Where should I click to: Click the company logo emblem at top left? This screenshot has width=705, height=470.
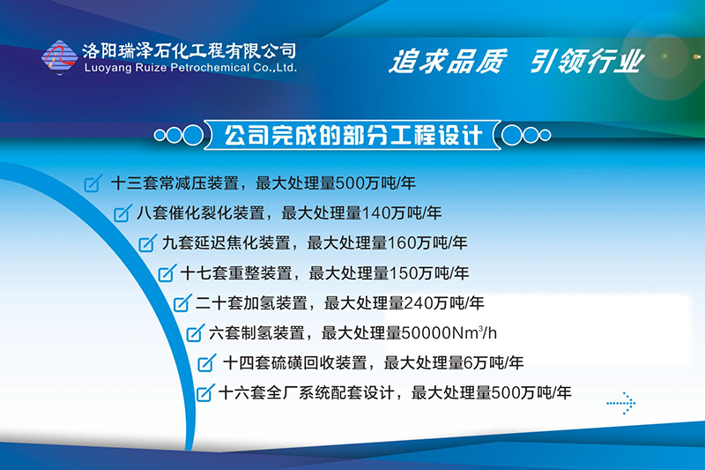click(59, 57)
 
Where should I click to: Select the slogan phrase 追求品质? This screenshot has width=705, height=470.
click(449, 61)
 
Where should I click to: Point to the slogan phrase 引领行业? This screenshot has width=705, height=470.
click(587, 61)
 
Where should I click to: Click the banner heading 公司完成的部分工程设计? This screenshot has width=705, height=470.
click(353, 135)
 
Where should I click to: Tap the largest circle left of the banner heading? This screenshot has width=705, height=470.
click(193, 135)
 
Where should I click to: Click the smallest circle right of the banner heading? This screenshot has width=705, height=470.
click(545, 135)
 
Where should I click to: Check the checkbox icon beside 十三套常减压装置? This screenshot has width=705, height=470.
click(93, 183)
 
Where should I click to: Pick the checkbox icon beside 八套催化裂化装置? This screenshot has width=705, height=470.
click(122, 213)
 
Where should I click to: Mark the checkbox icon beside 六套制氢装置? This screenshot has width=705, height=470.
click(196, 332)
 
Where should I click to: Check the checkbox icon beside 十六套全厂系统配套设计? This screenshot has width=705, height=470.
click(205, 392)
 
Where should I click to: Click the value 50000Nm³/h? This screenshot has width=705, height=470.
click(449, 332)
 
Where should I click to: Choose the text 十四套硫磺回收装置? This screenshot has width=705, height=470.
click(295, 363)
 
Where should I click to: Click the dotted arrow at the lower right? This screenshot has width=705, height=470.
click(621, 403)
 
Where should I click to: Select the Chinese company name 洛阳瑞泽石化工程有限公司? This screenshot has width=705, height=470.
click(189, 51)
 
